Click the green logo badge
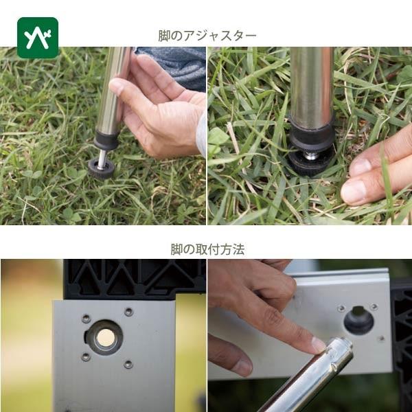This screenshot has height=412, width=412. (x=38, y=38)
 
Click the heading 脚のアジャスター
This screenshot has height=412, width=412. (x=207, y=36)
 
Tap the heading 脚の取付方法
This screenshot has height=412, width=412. (x=207, y=249)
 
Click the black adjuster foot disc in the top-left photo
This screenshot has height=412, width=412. (x=101, y=169)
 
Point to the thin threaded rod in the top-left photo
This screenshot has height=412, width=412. (x=102, y=159)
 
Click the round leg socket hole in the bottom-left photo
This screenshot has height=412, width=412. (x=105, y=337)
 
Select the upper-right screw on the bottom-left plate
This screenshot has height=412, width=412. (x=128, y=312)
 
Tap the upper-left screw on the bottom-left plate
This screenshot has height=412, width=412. (x=87, y=319)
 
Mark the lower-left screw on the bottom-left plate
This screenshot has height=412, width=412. (x=86, y=357)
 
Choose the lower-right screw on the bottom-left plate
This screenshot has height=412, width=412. (x=128, y=364)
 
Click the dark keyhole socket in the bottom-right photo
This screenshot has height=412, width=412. (x=358, y=320)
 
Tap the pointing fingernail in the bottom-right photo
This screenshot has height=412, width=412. (x=319, y=345)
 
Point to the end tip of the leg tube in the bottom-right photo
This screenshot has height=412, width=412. (x=343, y=343)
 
